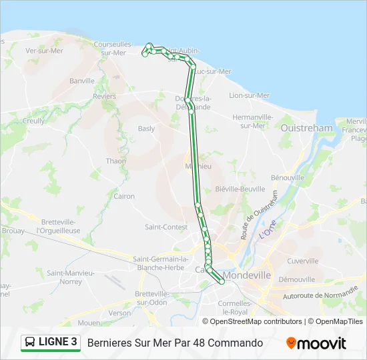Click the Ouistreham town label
(x=306, y=128)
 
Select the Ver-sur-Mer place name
(x=44, y=50)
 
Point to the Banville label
(x=82, y=81)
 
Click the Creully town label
(x=34, y=121)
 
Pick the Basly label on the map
(x=146, y=129)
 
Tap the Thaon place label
(x=115, y=161)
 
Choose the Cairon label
(x=124, y=196)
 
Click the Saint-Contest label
(x=166, y=227)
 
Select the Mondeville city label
(x=248, y=275)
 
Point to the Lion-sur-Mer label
(x=249, y=95)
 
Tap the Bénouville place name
(x=288, y=178)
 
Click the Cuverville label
(x=302, y=261)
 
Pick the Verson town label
(x=120, y=313)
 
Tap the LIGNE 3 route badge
(x=51, y=343)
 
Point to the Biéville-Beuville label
(x=240, y=189)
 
